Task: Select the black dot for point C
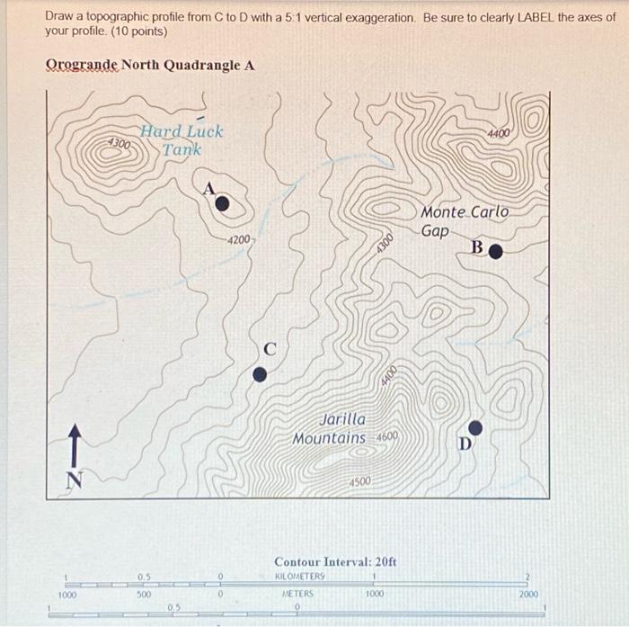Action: (260, 374)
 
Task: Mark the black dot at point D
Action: (476, 426)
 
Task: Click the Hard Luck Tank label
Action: (182, 140)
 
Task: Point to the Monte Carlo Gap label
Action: (464, 221)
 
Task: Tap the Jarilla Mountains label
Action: (331, 429)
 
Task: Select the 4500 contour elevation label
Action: (359, 482)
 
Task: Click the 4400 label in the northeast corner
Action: (500, 133)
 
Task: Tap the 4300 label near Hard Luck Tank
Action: (119, 144)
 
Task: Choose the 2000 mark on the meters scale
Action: (529, 595)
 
